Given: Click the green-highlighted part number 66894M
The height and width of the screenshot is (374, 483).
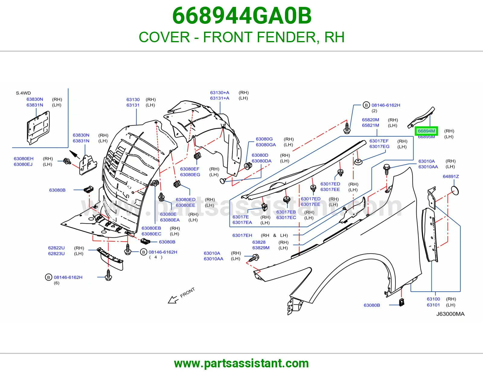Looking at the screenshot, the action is (x=426, y=131).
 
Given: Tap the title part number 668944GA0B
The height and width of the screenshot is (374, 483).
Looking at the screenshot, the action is (x=242, y=16).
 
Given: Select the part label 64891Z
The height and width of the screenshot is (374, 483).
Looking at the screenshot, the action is (x=451, y=176).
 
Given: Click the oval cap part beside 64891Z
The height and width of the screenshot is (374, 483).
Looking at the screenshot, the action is (x=455, y=191).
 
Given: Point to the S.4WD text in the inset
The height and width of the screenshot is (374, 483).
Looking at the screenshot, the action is (x=23, y=93).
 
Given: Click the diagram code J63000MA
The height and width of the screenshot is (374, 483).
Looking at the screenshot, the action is (x=450, y=314).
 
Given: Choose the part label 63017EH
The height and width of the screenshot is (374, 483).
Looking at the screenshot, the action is (x=242, y=235).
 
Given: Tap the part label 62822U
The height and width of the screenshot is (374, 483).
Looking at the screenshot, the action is (x=56, y=248).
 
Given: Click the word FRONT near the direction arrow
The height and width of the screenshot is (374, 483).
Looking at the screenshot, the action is (x=187, y=293).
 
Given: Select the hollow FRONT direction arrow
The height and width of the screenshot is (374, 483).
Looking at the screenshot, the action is (x=173, y=300).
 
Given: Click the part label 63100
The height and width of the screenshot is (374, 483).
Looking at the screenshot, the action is (x=433, y=299).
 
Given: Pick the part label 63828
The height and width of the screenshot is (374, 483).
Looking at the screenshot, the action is (x=259, y=242).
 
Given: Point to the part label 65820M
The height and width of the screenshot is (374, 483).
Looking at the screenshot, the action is (x=370, y=120).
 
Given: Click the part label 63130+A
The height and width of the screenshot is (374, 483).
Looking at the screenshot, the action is (x=219, y=93).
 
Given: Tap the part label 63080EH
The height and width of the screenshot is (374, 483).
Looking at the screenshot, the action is (x=24, y=159).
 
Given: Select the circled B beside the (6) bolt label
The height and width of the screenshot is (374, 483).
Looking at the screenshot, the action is (x=49, y=277).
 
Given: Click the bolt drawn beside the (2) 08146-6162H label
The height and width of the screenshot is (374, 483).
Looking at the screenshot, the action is (x=347, y=128).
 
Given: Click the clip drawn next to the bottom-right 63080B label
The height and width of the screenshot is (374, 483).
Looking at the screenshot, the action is (x=401, y=302).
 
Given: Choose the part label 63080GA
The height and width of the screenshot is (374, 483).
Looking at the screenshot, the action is (x=266, y=145).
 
